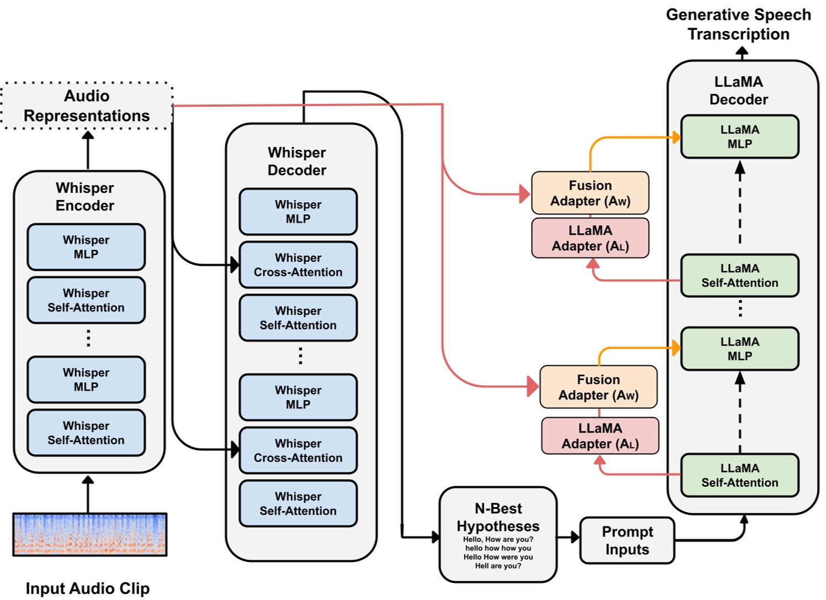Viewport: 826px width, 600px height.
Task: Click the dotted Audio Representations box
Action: pos(87,106)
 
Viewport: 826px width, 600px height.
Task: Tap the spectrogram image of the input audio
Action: pos(89,534)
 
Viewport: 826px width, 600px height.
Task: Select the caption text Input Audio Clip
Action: pos(87,588)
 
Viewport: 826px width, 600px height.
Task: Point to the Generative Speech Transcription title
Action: pos(738,24)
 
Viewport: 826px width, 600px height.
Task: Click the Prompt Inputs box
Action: pos(627,540)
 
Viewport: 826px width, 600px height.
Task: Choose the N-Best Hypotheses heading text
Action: pos(498,517)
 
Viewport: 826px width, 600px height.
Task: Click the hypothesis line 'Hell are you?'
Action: pos(498,566)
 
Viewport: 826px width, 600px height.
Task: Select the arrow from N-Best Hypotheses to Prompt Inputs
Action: pos(568,536)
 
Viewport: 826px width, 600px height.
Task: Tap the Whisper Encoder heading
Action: pos(85,197)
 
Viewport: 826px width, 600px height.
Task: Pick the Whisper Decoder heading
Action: pos(297,161)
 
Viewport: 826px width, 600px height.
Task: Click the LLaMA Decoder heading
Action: pos(739,91)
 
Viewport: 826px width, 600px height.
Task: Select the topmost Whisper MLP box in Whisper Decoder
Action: pos(298,212)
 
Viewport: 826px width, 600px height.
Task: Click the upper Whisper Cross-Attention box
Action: pos(298,265)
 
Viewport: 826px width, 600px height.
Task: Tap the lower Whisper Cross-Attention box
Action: pos(298,450)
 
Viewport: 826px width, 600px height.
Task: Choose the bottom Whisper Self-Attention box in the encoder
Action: pos(86,433)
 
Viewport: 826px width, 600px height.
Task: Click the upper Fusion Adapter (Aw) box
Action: pos(590,193)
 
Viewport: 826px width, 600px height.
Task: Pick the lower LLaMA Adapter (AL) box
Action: pos(600,436)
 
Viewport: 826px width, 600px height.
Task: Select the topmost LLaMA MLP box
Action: pos(739,136)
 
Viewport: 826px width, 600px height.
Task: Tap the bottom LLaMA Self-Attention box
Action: pos(739,475)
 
